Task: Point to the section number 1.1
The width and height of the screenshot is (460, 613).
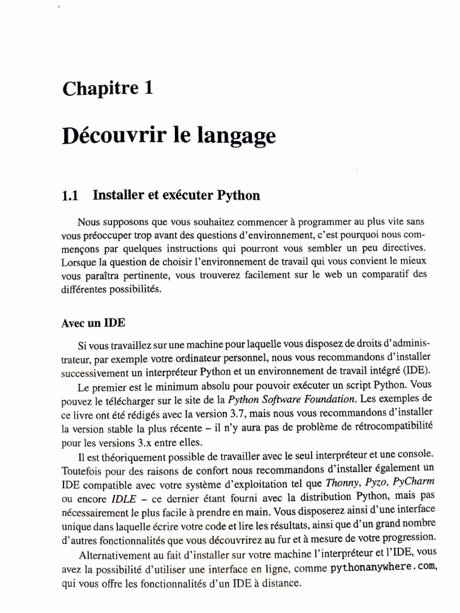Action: [71, 195]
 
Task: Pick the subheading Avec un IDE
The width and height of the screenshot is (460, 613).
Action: [93, 322]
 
